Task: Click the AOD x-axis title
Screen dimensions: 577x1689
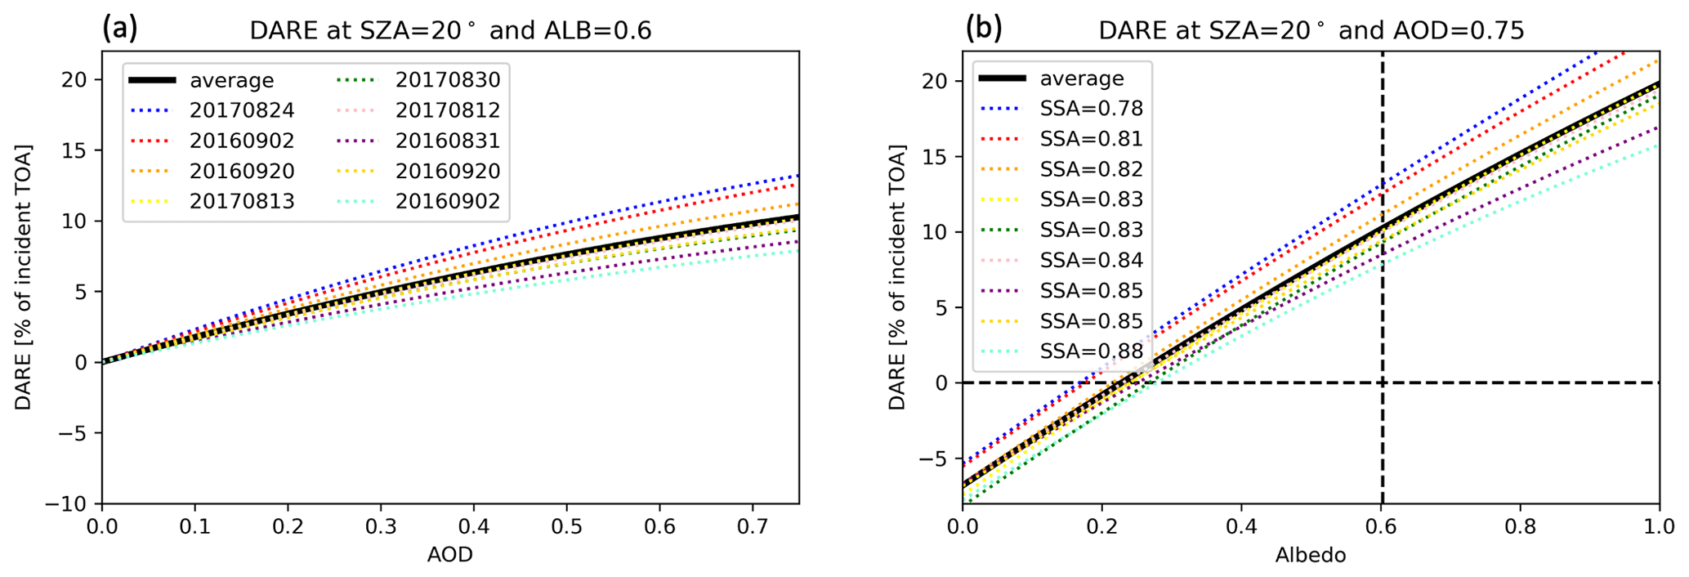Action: [x=449, y=556]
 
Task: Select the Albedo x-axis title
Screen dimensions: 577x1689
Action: [x=1310, y=556]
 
